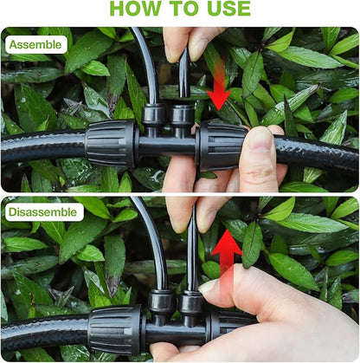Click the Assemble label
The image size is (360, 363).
point(35,44)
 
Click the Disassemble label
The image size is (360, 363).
point(43,211)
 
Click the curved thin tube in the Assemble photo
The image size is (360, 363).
point(145,65)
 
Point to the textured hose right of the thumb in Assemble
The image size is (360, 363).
point(320,153)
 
